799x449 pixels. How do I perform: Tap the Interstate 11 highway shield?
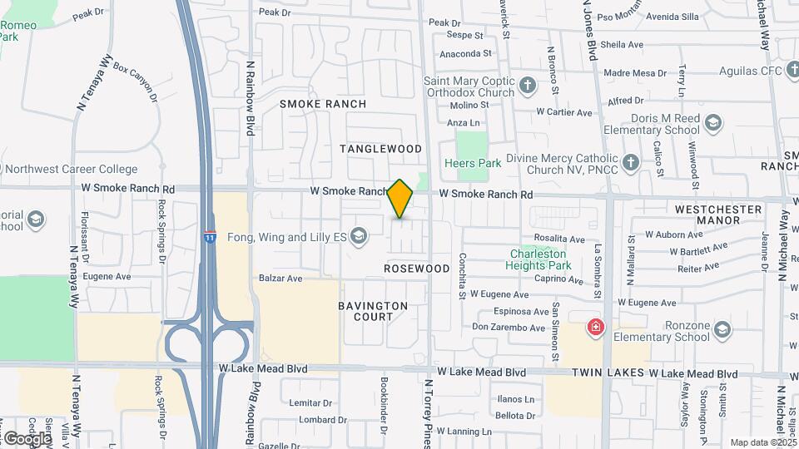coord(209,237)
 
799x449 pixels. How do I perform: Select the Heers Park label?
coord(473,164)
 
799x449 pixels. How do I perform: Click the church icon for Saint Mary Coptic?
coord(528,86)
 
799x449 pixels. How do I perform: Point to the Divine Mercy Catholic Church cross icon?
coord(631,161)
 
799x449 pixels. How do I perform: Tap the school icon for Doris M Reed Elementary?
coord(712,124)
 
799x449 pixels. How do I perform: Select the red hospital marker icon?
coord(595,327)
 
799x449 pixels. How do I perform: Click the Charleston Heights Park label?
coord(538,259)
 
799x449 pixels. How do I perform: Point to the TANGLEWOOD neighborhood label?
coord(381,149)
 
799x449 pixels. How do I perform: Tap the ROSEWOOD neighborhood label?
coord(417,269)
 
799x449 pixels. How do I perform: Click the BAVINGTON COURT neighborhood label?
coord(373,311)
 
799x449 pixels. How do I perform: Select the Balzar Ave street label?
coord(280,279)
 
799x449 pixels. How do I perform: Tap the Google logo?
coord(27,438)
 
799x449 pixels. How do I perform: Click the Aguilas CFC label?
coord(745,72)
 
